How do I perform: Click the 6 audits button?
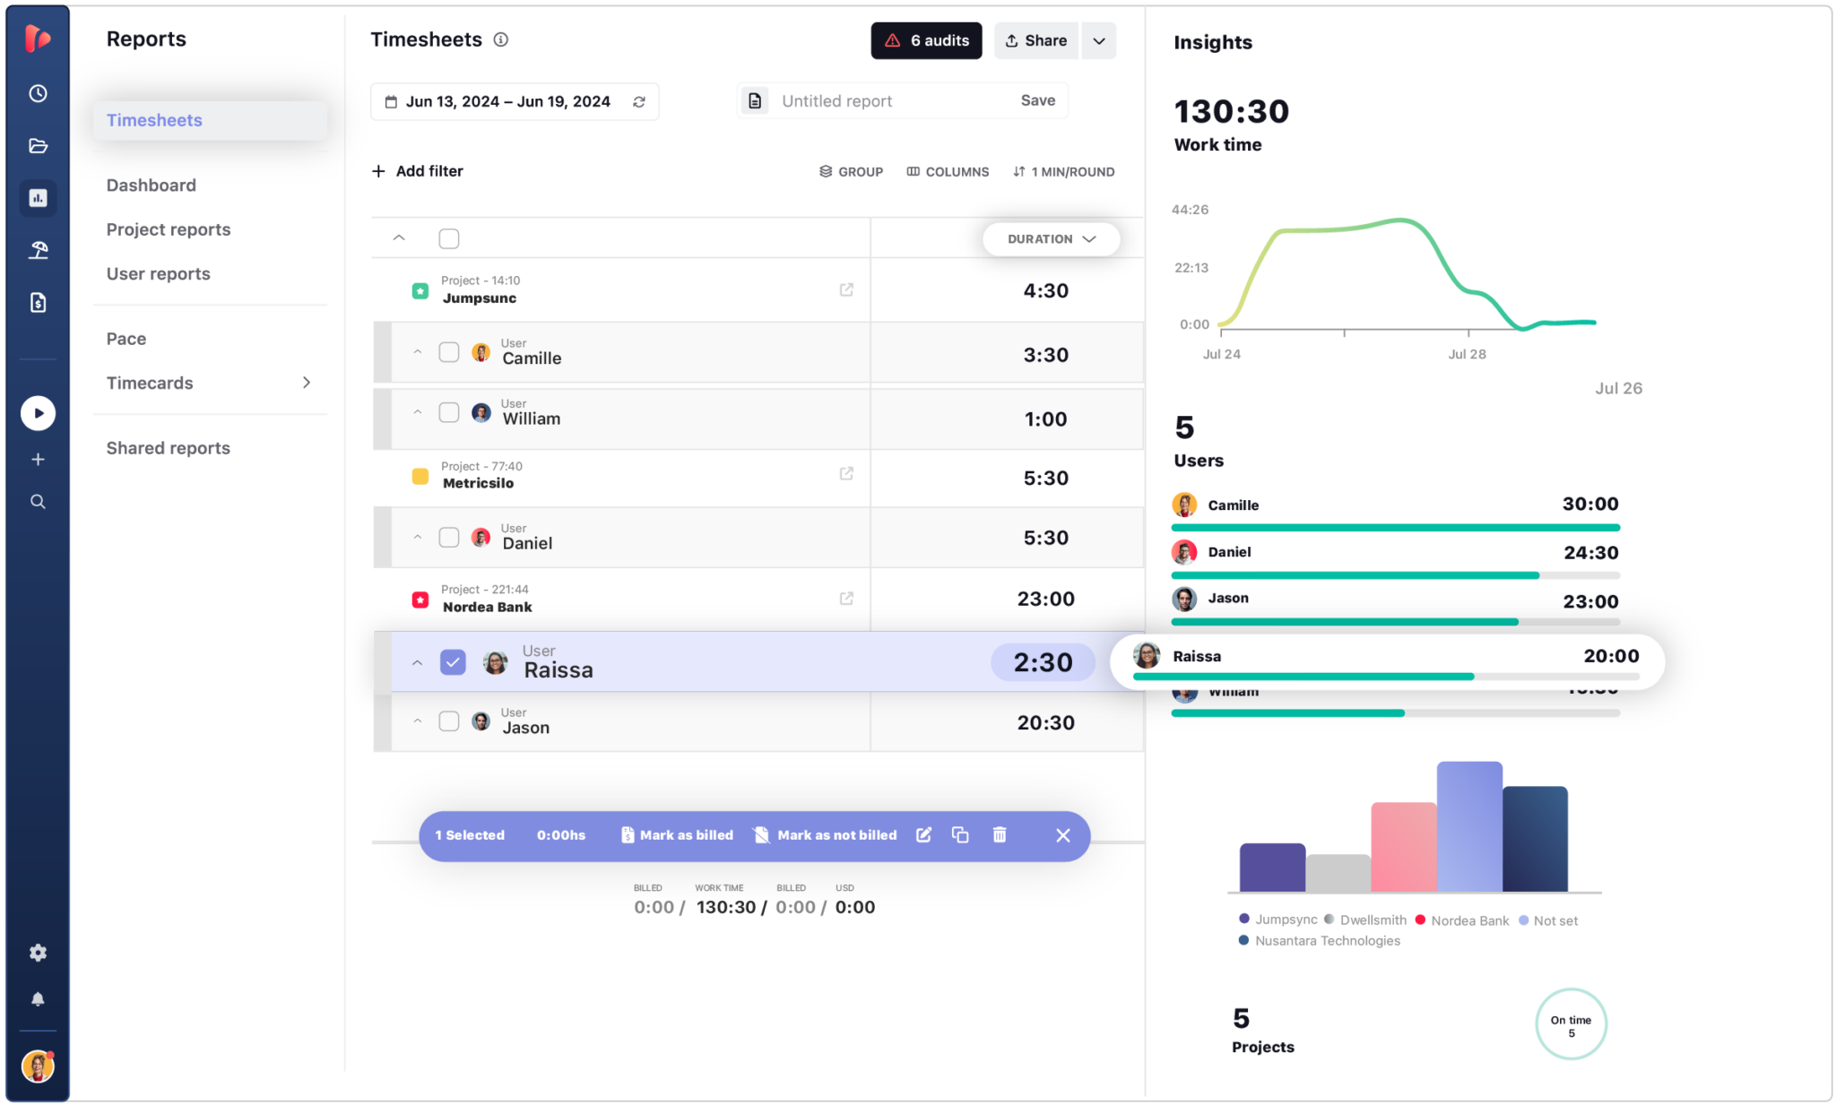(x=926, y=41)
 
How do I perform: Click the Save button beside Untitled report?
(x=1037, y=100)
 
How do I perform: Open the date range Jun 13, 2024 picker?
(x=507, y=101)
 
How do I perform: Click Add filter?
(x=418, y=171)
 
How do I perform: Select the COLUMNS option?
(x=948, y=171)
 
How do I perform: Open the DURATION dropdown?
(x=1051, y=239)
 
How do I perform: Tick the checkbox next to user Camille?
(x=449, y=352)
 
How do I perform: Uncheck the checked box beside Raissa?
(x=453, y=662)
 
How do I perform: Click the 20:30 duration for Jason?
(x=1045, y=722)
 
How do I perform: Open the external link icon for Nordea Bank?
(x=846, y=598)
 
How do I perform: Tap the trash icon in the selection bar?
(x=1000, y=835)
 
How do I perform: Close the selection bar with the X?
(x=1063, y=835)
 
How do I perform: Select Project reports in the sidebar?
(x=169, y=229)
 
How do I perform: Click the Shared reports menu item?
(x=169, y=448)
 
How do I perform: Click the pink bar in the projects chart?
(x=1403, y=847)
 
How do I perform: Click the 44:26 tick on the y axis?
(x=1190, y=210)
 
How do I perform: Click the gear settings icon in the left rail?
(x=38, y=953)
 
